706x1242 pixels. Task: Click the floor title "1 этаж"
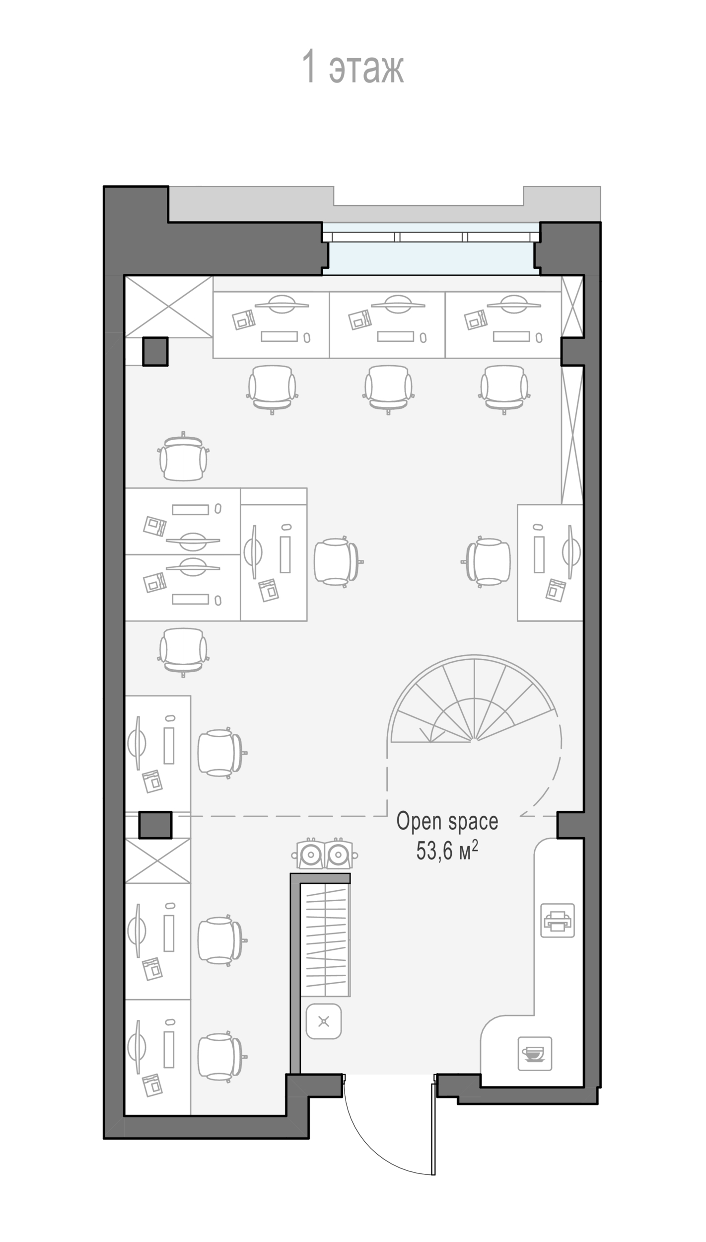point(353,66)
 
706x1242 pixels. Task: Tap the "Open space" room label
point(447,821)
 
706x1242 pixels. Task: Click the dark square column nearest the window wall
point(155,352)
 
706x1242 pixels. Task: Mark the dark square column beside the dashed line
point(155,825)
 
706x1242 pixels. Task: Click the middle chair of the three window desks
point(388,389)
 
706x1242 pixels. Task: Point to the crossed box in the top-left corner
point(169,307)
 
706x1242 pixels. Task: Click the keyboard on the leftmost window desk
point(279,336)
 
